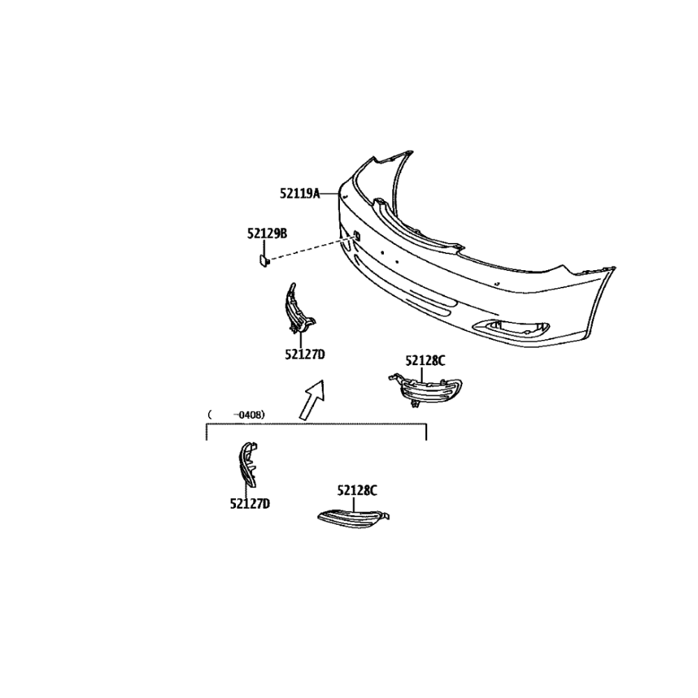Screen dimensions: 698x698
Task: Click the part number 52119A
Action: [299, 193]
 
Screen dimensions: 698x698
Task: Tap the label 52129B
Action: [267, 233]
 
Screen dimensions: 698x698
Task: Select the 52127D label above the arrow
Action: [305, 355]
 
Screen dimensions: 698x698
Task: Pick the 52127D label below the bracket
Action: [250, 503]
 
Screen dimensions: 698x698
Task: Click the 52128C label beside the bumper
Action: [425, 361]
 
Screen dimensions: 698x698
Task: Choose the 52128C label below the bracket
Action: [357, 491]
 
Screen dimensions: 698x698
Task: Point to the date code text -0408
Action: [249, 415]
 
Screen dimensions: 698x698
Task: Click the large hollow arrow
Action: [312, 400]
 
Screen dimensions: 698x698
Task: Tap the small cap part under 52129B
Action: [263, 260]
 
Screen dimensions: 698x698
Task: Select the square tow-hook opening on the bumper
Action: [357, 235]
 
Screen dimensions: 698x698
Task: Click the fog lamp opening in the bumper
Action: [512, 328]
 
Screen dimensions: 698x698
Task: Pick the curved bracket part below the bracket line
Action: [247, 464]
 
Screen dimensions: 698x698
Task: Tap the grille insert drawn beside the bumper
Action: [424, 390]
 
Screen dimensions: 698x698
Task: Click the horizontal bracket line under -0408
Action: [316, 424]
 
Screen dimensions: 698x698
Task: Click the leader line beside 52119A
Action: [329, 193]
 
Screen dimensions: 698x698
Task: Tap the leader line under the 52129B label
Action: [264, 246]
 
